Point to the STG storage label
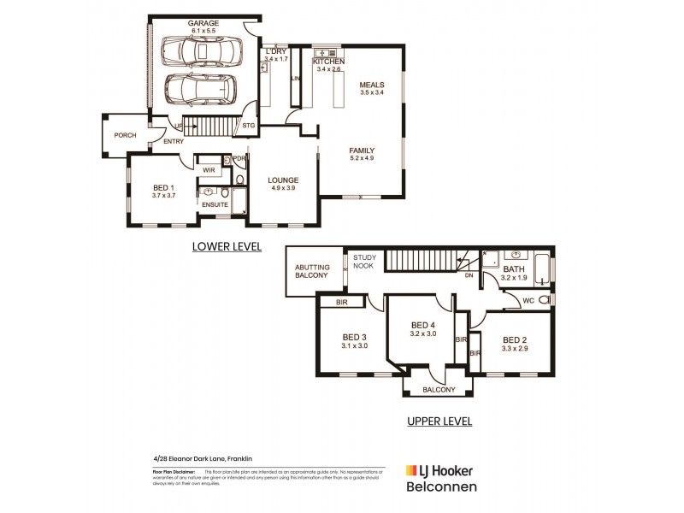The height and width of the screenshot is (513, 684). click(249, 126)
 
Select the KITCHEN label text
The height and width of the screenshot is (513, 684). click(328, 62)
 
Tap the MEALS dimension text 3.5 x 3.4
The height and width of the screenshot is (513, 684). click(372, 91)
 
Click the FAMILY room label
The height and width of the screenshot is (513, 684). click(362, 150)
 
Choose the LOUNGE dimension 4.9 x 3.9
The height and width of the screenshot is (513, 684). click(281, 188)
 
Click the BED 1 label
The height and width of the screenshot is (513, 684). click(163, 187)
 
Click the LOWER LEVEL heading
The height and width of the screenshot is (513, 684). click(226, 247)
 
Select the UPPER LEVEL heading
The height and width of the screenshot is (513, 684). click(439, 422)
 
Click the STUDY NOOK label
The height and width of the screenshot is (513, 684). click(364, 260)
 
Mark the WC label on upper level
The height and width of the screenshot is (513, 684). click(528, 300)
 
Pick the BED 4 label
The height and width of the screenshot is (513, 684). click(423, 325)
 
